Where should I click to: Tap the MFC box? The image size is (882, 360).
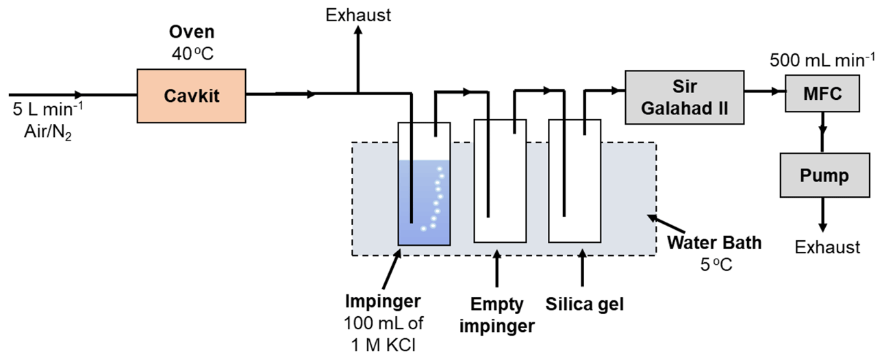click(822, 94)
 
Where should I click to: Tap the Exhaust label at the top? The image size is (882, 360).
click(358, 15)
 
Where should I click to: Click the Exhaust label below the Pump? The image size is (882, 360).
click(827, 246)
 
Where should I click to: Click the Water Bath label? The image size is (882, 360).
click(714, 242)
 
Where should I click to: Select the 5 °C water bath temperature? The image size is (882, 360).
click(715, 263)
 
